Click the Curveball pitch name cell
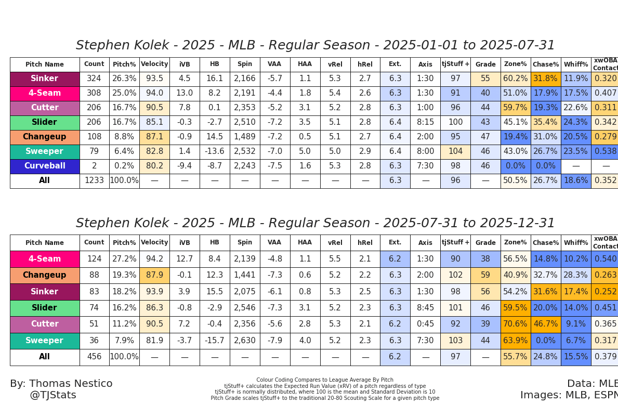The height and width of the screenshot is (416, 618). tap(45, 166)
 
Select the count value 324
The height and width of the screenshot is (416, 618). tap(94, 79)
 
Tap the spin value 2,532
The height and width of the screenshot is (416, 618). tap(245, 152)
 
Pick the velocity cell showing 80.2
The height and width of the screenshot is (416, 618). tap(154, 166)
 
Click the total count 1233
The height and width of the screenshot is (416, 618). tap(94, 181)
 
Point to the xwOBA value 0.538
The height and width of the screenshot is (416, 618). tap(606, 152)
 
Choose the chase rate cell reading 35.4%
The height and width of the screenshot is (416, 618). tap(546, 123)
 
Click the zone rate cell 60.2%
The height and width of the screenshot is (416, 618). tap(516, 79)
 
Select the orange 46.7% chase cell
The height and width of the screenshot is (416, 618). tap(546, 324)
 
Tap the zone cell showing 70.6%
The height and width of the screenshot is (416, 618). tap(516, 324)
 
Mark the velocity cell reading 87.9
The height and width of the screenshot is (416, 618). tap(154, 276)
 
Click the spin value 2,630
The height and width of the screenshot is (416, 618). tap(245, 341)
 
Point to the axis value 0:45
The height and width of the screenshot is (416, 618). tap(425, 324)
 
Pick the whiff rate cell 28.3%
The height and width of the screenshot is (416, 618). tap(576, 276)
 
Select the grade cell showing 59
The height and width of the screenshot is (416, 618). tap(485, 276)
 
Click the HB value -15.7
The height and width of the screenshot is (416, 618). tap(215, 341)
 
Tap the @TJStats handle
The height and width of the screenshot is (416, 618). tap(53, 395)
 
